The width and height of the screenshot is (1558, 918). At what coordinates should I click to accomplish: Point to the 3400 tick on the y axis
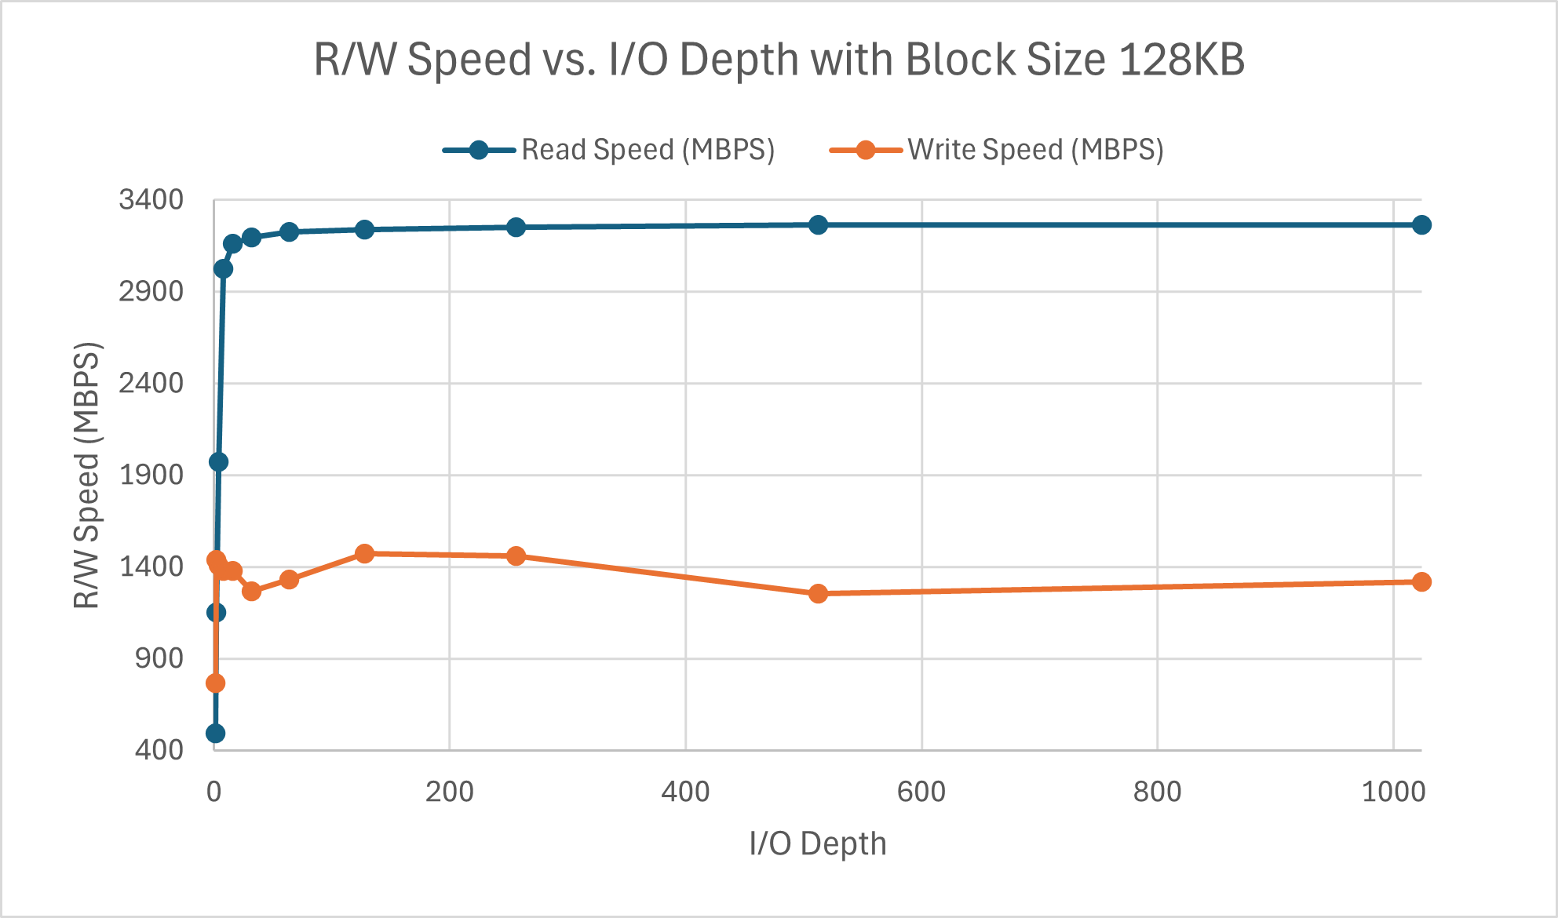[151, 200]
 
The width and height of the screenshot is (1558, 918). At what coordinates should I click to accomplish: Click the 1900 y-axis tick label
[151, 475]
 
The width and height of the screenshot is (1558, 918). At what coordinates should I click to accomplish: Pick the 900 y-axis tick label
[159, 658]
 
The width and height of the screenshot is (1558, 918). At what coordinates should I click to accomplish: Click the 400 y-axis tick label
[159, 750]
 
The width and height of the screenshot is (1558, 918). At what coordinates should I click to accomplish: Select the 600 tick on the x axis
[921, 792]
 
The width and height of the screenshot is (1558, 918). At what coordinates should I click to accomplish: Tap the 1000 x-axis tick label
[1393, 792]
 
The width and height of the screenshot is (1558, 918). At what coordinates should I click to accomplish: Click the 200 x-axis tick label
[449, 792]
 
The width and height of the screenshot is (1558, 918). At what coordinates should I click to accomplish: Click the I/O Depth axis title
[817, 844]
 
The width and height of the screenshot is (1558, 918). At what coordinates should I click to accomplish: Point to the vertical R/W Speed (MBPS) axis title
[87, 475]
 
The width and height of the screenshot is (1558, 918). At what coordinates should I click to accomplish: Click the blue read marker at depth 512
[818, 225]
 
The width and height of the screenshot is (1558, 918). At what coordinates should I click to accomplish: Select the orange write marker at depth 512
[818, 594]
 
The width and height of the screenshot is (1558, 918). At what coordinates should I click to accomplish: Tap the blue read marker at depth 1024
[1421, 225]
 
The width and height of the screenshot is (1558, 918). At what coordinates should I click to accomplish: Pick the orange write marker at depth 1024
[1421, 581]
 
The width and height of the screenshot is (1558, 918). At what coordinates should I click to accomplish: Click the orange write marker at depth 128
[364, 554]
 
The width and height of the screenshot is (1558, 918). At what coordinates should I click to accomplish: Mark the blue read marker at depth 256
[516, 228]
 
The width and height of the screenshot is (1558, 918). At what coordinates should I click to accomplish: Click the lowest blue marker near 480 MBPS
[215, 734]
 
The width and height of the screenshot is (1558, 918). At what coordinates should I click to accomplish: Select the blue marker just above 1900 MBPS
[218, 462]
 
